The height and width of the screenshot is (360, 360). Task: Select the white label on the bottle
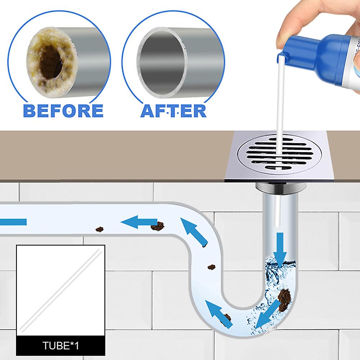click(x=354, y=43)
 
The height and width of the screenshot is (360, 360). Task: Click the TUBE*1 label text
click(x=60, y=347)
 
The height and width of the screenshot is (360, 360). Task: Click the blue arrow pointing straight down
click(x=279, y=248)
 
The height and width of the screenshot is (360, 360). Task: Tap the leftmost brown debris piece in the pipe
click(x=99, y=229)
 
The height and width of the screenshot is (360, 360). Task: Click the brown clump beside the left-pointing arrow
click(x=157, y=226)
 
